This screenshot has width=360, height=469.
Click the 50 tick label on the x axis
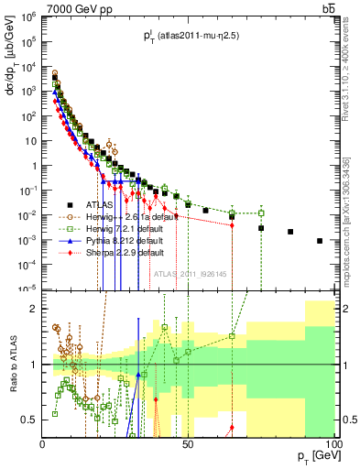[x=188, y=444]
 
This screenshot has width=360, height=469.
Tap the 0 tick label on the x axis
[x=43, y=444]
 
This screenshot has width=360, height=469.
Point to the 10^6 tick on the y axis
[x=28, y=17]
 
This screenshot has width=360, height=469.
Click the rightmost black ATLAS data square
[x=320, y=241]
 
